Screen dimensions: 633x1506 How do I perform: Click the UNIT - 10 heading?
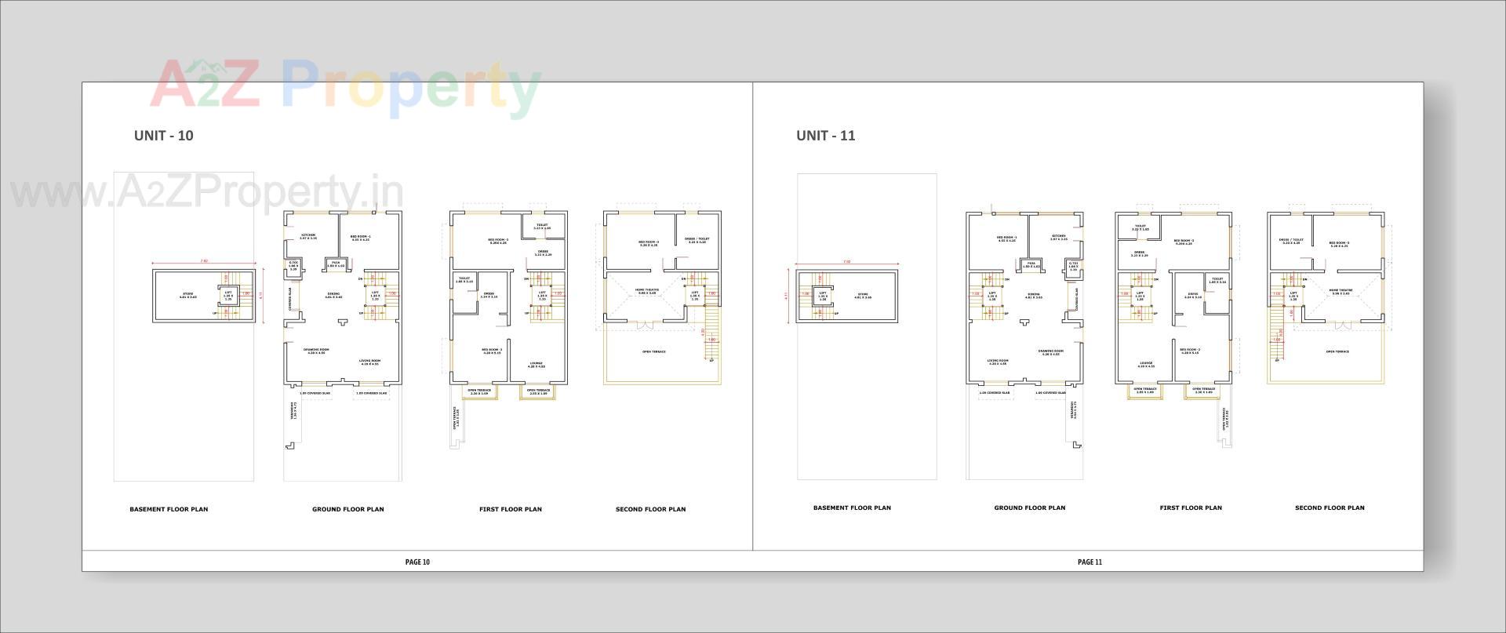[163, 136]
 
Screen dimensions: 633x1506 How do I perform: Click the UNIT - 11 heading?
[825, 136]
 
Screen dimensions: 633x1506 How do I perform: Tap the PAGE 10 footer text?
[417, 562]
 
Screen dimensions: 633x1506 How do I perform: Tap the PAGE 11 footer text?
[1089, 562]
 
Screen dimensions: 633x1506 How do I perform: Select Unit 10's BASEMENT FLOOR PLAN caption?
[169, 509]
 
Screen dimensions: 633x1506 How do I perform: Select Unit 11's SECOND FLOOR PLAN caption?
[1330, 507]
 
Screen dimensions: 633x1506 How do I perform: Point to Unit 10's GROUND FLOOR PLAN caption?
[348, 509]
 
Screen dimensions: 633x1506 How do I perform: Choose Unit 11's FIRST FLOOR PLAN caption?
[1191, 507]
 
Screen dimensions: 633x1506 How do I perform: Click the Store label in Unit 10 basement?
[187, 296]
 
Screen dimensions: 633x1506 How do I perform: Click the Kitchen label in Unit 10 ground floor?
[308, 236]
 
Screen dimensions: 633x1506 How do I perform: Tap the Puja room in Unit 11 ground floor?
[1031, 264]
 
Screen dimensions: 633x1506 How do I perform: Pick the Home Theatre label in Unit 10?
[647, 290]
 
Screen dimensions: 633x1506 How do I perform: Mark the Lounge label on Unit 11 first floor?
[1146, 364]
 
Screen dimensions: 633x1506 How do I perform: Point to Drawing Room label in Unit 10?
[316, 351]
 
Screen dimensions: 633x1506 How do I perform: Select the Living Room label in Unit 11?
[998, 362]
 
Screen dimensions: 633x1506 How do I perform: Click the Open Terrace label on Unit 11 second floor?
[1337, 351]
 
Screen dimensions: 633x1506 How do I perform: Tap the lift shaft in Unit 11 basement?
[823, 295]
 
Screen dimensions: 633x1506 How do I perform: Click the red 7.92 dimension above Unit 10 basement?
[204, 260]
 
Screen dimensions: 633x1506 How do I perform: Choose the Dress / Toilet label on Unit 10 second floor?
[696, 240]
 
